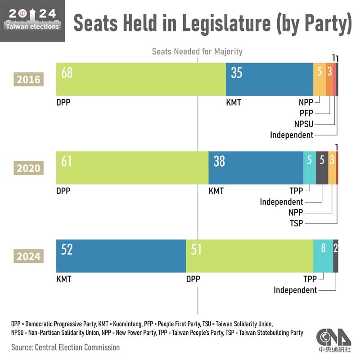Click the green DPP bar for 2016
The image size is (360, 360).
[x=140, y=79]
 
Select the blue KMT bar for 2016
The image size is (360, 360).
[x=269, y=79]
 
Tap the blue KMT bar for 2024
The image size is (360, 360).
[x=121, y=256]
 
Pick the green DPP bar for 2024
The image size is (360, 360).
[x=250, y=256]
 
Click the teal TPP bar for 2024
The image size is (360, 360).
[x=323, y=256]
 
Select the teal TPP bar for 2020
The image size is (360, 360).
[x=309, y=167]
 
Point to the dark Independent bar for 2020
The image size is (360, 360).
[x=322, y=167]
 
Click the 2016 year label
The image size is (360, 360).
[x=28, y=80]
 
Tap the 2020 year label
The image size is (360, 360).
[x=28, y=168]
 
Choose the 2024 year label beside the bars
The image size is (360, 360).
[x=28, y=257]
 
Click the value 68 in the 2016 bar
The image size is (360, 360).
[x=67, y=73]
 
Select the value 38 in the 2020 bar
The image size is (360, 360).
[x=219, y=161]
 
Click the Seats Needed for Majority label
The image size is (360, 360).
[x=197, y=51]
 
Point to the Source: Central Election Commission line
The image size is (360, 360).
[x=66, y=347]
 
